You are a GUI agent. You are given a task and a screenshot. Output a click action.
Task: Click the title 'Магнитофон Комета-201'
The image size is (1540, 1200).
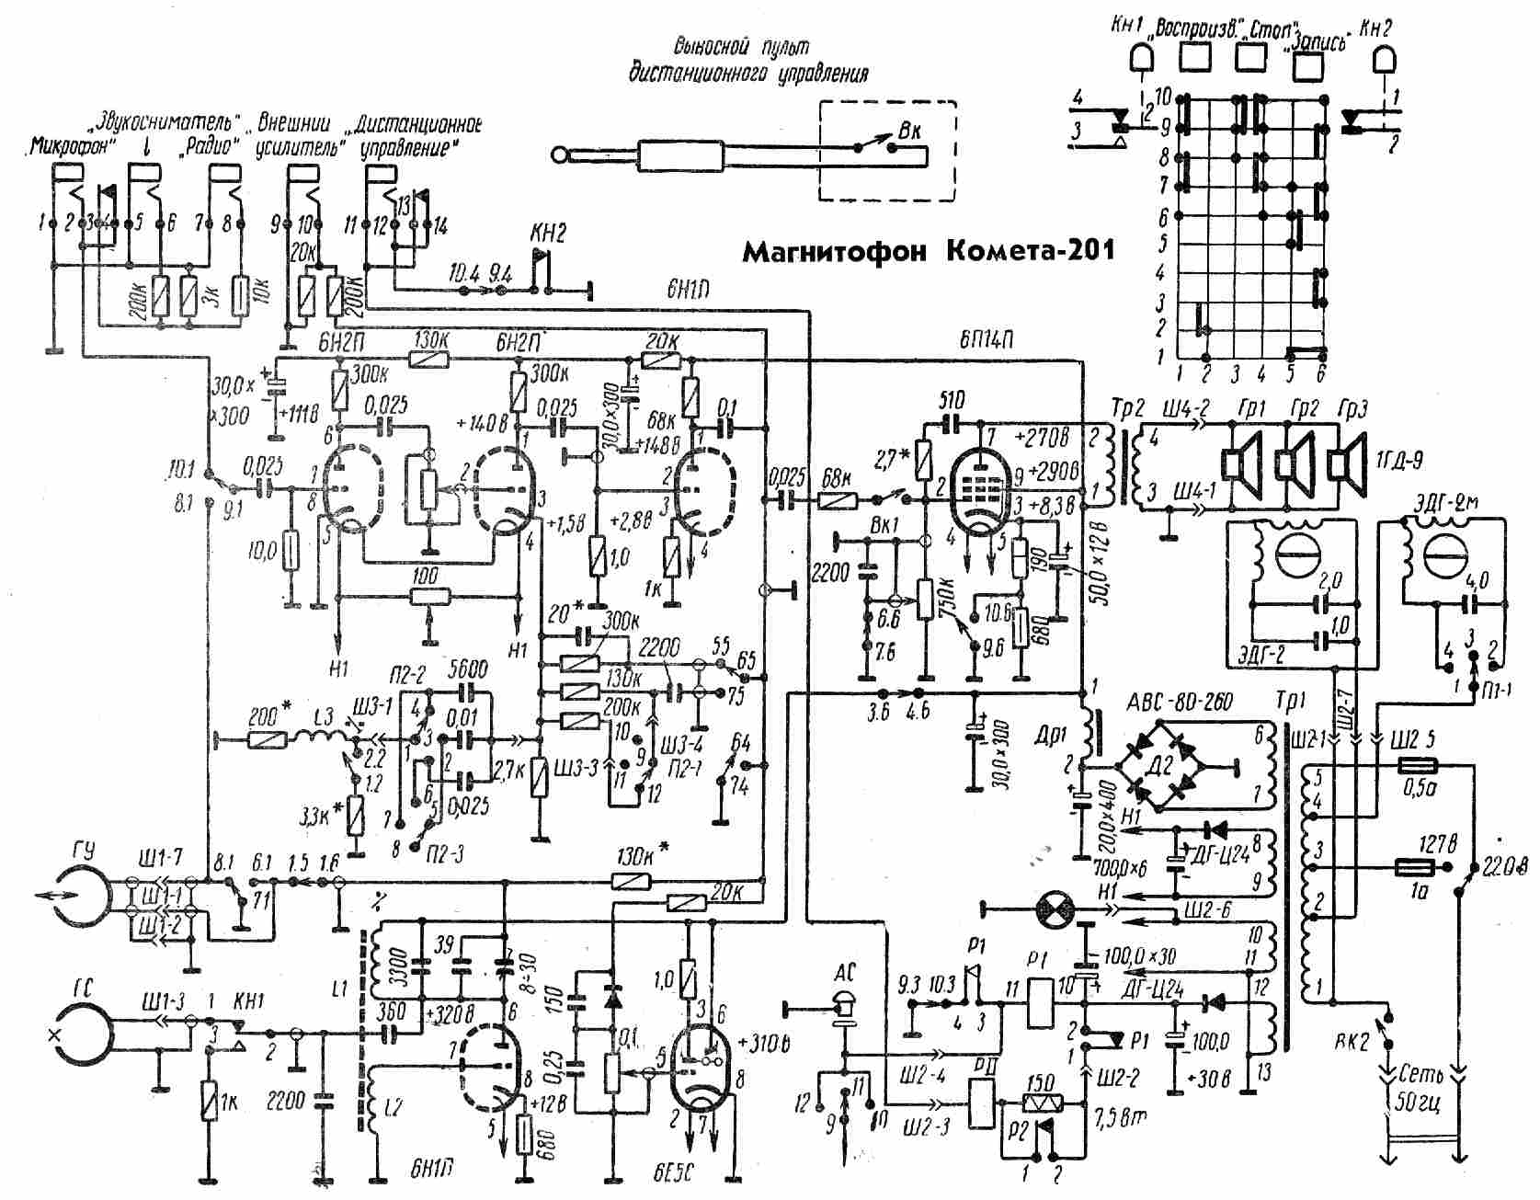tap(928, 249)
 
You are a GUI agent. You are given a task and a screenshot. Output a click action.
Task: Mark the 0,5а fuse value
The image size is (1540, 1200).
tap(1417, 787)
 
